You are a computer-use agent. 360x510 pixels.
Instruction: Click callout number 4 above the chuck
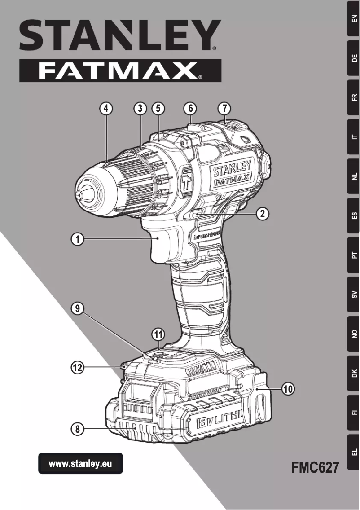(x=106, y=108)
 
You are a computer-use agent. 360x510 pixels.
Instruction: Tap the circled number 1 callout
(x=78, y=239)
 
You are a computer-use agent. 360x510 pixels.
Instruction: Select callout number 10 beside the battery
(x=288, y=389)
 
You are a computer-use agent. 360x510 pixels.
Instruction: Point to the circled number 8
(x=78, y=429)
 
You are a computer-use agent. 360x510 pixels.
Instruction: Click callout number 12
(x=78, y=368)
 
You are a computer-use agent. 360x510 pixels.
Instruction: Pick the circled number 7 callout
(x=224, y=108)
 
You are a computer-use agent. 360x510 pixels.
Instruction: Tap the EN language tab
(x=354, y=19)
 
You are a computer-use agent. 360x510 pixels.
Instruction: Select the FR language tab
(x=354, y=98)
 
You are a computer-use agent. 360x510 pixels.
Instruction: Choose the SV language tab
(x=354, y=295)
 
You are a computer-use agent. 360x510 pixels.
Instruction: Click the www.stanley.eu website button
(x=80, y=464)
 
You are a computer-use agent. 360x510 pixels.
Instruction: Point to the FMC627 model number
(x=315, y=467)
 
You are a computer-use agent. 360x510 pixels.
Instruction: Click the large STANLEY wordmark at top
(x=120, y=35)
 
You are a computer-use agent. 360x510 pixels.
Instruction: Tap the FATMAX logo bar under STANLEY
(x=120, y=71)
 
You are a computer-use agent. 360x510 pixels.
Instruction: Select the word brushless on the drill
(x=210, y=236)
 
